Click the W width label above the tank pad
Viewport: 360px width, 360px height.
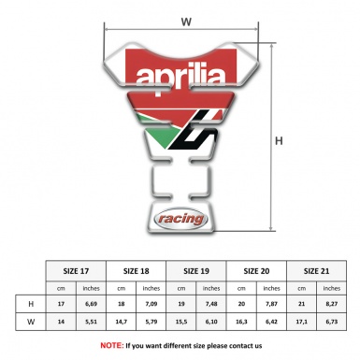click(x=186, y=20)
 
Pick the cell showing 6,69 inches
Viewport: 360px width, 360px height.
click(x=91, y=304)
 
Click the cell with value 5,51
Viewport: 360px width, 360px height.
click(x=91, y=323)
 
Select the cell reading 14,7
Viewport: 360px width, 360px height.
click(x=122, y=323)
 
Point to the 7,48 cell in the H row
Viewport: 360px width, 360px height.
click(x=211, y=304)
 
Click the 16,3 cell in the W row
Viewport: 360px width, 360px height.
click(x=242, y=323)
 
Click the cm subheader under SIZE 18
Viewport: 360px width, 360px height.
click(x=122, y=286)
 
